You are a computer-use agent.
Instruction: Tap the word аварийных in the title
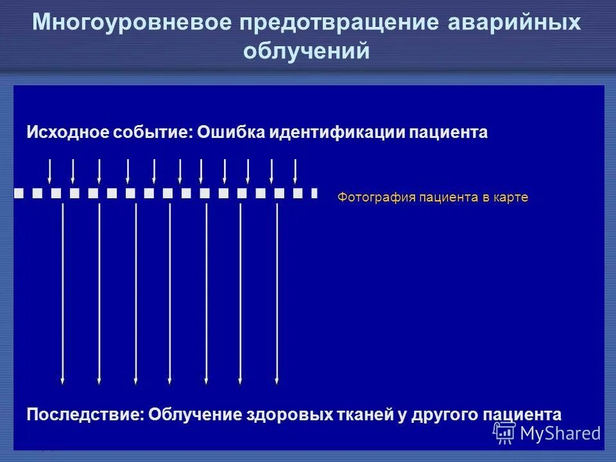[513, 23]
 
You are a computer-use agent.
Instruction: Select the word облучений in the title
[307, 51]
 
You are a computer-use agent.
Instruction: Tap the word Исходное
[67, 133]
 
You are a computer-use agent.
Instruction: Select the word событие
[153, 133]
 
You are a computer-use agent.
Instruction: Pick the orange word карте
[511, 198]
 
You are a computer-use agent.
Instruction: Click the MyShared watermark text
[560, 434]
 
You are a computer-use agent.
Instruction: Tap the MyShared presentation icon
[504, 433]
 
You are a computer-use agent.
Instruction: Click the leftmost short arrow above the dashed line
[50, 170]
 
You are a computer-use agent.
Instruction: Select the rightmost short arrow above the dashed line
[295, 170]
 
